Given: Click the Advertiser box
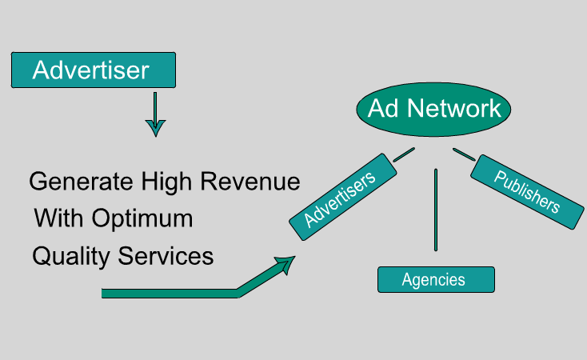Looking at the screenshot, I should (x=92, y=70).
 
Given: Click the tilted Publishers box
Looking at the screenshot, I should (x=526, y=192).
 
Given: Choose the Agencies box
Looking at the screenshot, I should (x=436, y=279).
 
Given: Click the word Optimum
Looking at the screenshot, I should (x=142, y=218).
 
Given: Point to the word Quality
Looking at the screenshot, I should (x=70, y=256).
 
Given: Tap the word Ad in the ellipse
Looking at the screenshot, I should (x=383, y=109).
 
